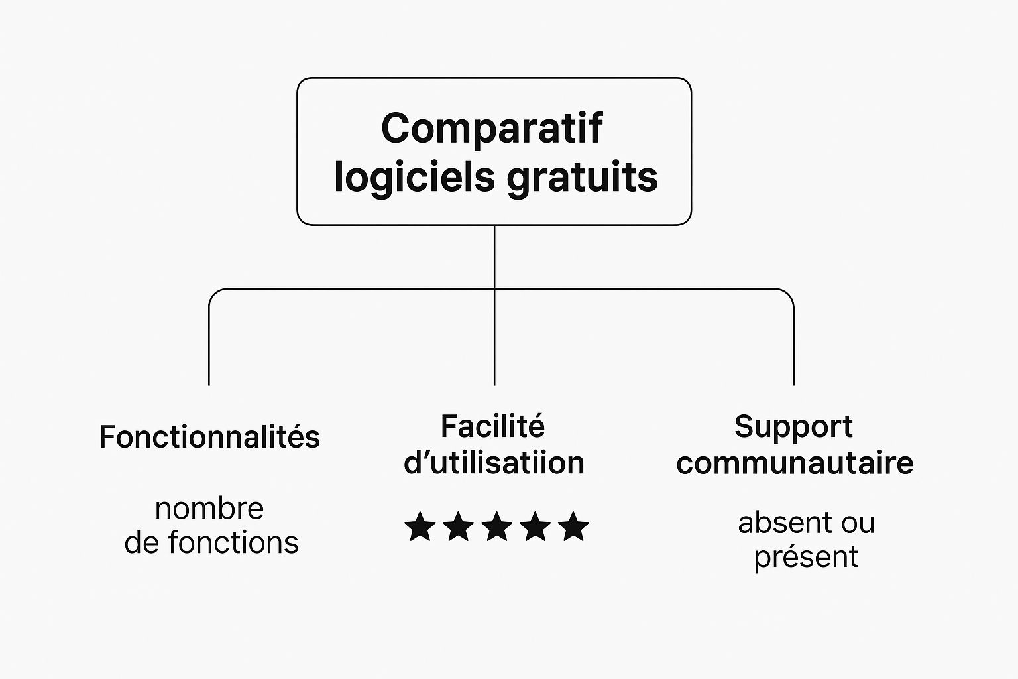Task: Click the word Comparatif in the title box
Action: [492, 129]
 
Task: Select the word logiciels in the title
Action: [414, 179]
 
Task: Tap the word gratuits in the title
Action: [582, 178]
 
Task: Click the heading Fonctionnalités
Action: [209, 436]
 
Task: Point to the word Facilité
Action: [492, 426]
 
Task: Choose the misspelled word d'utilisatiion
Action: [494, 463]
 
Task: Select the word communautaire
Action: [795, 463]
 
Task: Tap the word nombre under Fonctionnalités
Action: [209, 509]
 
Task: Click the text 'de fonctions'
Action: [211, 542]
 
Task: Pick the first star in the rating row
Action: [420, 526]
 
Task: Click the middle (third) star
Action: [497, 526]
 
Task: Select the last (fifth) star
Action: [573, 526]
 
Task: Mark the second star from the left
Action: [459, 526]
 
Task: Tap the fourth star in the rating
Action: [536, 526]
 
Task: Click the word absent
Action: [787, 523]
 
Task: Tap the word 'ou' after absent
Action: [858, 525]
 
